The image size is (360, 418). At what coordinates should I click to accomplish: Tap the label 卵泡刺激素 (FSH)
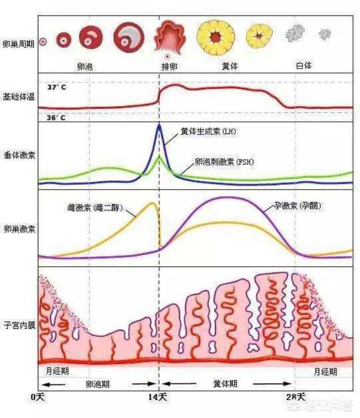pyautogui.click(x=224, y=162)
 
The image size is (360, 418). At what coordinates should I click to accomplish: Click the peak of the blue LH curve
pyautogui.click(x=159, y=126)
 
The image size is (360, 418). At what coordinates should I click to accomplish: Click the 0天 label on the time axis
pyautogui.click(x=37, y=397)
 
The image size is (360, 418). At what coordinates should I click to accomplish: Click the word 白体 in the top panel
pyautogui.click(x=303, y=65)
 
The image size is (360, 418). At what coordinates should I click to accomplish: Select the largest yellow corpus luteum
pyautogui.click(x=216, y=36)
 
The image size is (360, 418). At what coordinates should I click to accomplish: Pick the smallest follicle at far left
pyautogui.click(x=43, y=42)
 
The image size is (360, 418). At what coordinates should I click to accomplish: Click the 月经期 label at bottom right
pyautogui.click(x=325, y=372)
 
